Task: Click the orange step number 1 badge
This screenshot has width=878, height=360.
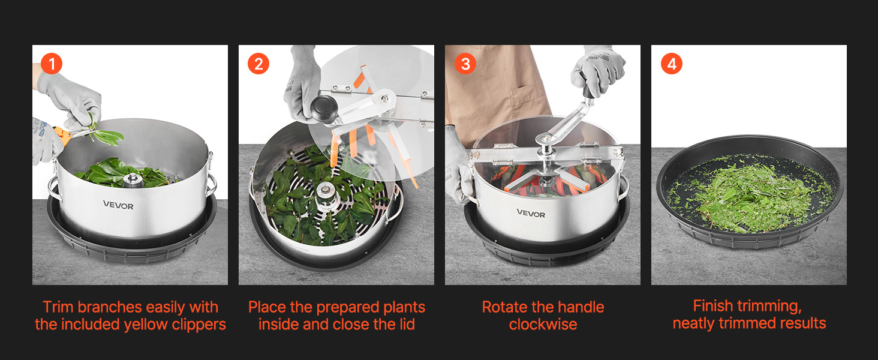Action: [x=52, y=64]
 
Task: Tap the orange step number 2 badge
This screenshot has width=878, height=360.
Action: [x=258, y=64]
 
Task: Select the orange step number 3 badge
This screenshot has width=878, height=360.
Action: [x=465, y=64]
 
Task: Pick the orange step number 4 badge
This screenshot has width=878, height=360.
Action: [x=672, y=64]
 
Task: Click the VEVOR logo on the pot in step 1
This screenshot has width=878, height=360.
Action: [x=118, y=205]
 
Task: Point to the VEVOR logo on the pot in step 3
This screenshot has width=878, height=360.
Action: [x=531, y=214]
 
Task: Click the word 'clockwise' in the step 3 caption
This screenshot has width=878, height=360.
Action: [x=543, y=325]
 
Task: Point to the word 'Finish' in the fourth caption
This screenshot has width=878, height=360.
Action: [x=712, y=305]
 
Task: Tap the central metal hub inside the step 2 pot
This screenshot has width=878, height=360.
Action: [x=325, y=194]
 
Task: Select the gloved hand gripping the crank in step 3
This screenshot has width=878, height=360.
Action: [x=597, y=71]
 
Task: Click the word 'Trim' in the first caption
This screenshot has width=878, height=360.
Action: [x=58, y=307]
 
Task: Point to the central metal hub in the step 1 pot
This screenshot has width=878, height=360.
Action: [x=133, y=181]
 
